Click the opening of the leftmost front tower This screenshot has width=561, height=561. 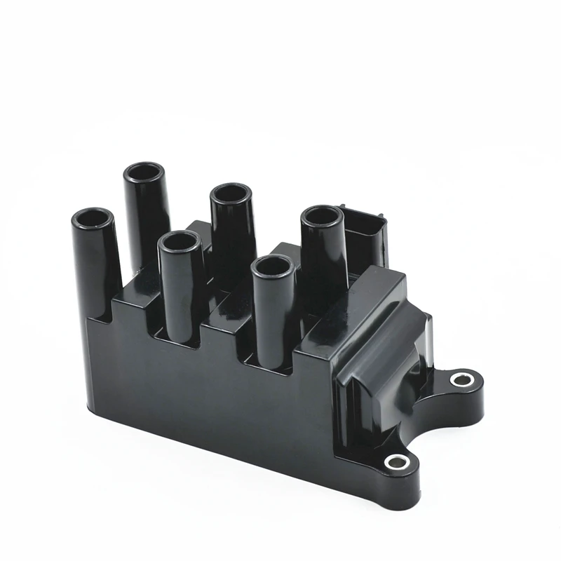coord(93,219)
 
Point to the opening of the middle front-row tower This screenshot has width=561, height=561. coord(181,242)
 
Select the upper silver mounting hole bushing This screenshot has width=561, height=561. coord(461,380)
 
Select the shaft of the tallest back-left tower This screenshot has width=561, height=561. coord(146,217)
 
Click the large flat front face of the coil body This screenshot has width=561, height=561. coord(210,393)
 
